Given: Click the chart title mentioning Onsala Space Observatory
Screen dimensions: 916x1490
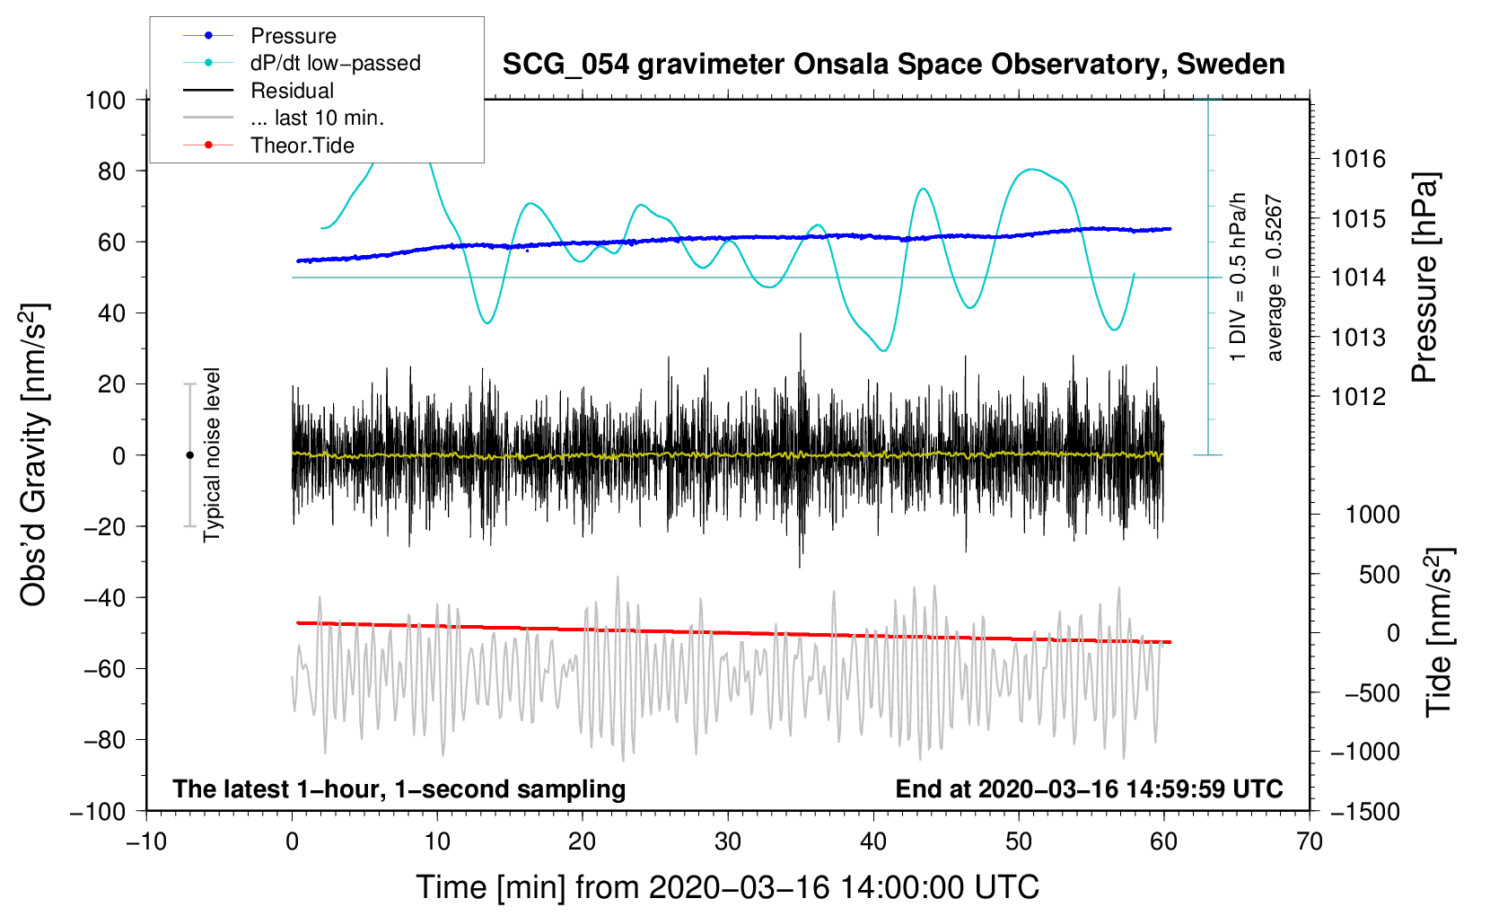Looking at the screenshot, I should point(893,65).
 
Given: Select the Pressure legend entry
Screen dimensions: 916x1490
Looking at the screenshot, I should point(293,36).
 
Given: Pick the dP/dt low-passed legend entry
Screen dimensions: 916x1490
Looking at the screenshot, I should point(335,63).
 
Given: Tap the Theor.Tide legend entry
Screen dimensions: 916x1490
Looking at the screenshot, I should point(302,145).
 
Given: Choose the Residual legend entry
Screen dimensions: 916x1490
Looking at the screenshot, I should point(292,91).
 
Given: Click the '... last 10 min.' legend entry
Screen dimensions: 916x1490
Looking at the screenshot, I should point(317,118).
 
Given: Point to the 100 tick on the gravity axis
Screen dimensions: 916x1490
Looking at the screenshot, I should point(105,100).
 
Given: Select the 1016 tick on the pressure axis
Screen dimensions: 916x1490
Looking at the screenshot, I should point(1358,160).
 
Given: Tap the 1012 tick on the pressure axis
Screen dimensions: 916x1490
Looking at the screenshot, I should point(1358,397).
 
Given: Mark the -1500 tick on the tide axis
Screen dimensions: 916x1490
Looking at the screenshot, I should point(1365,812).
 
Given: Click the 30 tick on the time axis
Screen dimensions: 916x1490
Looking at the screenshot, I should point(728,841).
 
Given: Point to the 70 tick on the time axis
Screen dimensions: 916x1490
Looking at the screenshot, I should point(1310,841).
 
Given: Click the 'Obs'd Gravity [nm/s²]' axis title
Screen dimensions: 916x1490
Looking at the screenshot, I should point(33,454).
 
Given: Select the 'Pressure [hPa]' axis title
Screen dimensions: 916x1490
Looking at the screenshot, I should point(1424,277).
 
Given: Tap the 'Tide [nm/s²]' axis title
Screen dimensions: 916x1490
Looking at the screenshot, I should point(1438,633).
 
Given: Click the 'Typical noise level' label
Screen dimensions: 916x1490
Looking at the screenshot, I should point(212,454).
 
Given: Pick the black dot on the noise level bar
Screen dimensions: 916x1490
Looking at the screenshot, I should point(189,455).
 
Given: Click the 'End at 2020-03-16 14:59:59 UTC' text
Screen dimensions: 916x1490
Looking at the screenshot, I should point(1089,789).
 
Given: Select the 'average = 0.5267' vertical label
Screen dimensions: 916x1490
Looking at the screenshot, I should point(1275,278).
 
